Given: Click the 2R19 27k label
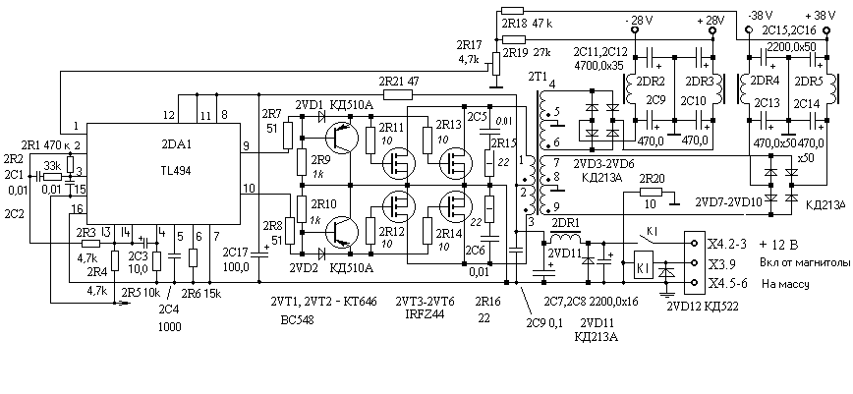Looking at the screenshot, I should pyautogui.click(x=526, y=51).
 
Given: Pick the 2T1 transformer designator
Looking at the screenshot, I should pyautogui.click(x=539, y=77).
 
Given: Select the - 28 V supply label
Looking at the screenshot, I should pyautogui.click(x=640, y=20).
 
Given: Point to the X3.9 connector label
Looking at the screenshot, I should pyautogui.click(x=721, y=264).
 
